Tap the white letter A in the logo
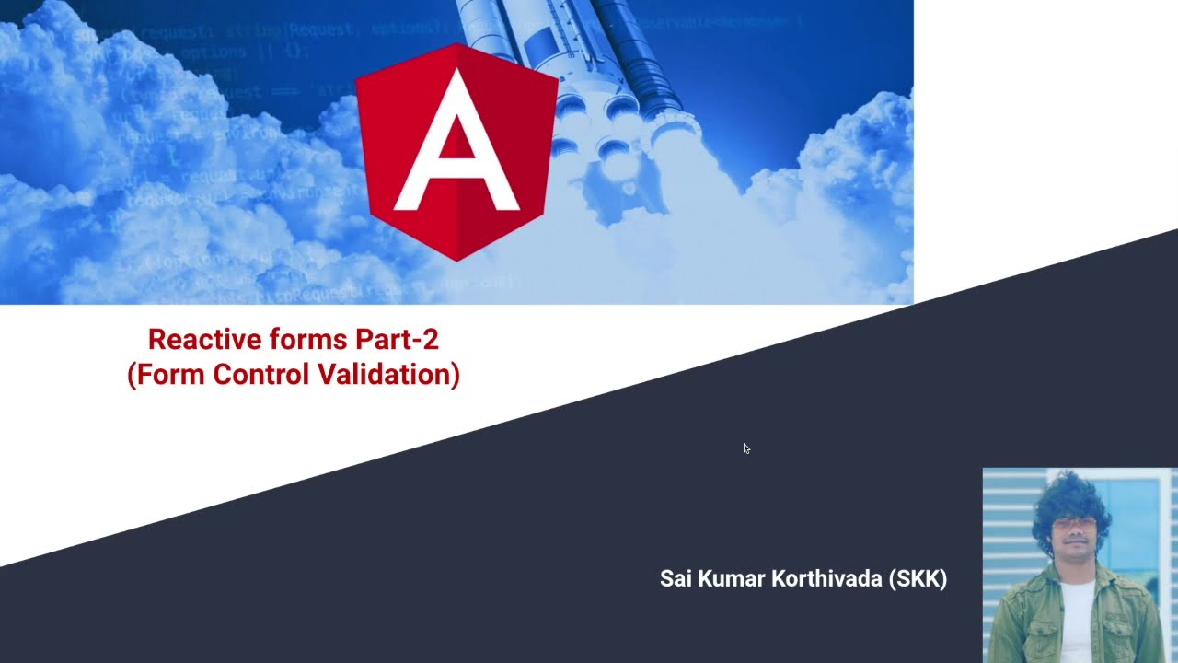456,147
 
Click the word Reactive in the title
193,340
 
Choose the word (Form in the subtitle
167,375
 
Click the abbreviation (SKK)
918,579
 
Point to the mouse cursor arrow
745,448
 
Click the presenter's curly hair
1072,502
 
